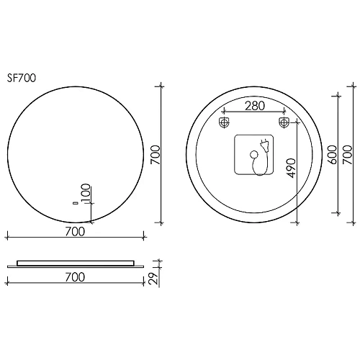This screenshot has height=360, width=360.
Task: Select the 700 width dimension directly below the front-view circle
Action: tap(75, 230)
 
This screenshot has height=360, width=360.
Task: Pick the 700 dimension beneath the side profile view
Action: tap(75, 276)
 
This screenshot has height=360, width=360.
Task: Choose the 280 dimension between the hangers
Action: tap(253, 106)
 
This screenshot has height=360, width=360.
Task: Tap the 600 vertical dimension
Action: tap(332, 154)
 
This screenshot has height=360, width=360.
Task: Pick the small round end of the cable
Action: tap(253, 155)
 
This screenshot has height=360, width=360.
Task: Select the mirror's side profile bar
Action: tap(75, 263)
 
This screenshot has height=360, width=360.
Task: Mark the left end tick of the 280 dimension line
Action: tap(223, 112)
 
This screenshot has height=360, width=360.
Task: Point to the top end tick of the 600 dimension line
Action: tap(338, 94)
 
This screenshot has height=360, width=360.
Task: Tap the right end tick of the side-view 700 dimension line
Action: tap(144, 282)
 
